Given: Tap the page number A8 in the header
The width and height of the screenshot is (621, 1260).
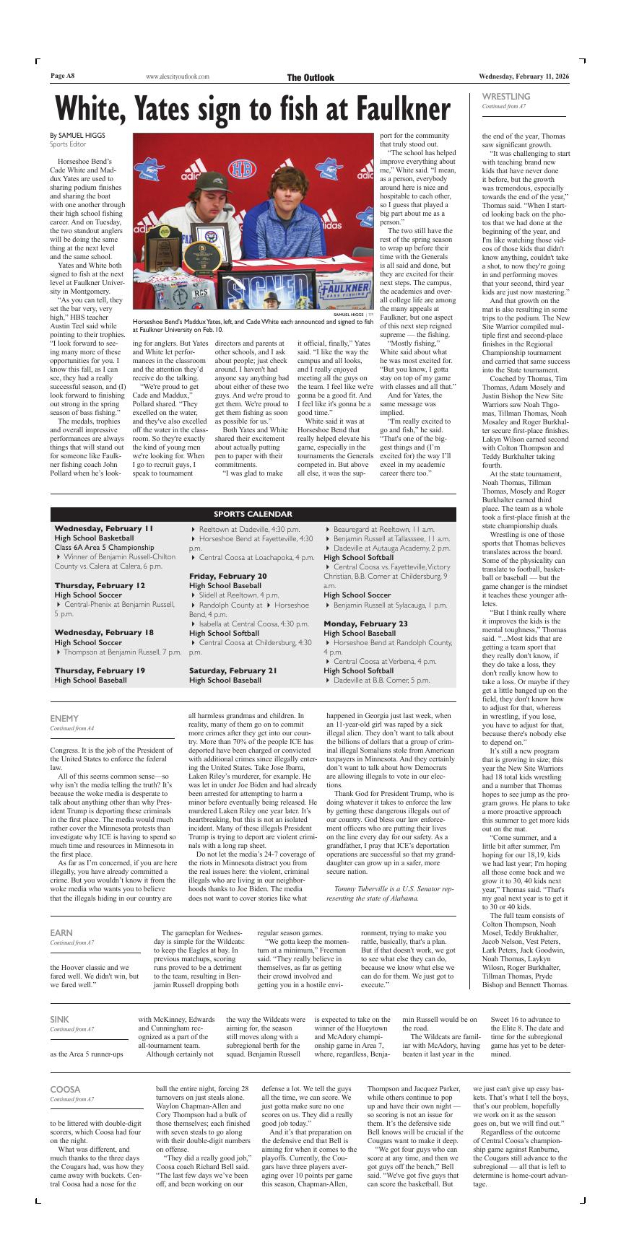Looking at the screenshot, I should pyautogui.click(x=63, y=76).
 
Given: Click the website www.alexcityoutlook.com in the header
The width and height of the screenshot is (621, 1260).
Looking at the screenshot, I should pyautogui.click(x=178, y=76).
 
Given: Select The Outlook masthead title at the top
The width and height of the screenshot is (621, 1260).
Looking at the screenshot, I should pyautogui.click(x=310, y=77).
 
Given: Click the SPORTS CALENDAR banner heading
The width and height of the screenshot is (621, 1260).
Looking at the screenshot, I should pyautogui.click(x=253, y=514).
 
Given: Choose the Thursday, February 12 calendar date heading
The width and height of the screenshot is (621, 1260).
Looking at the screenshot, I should pyautogui.click(x=100, y=585).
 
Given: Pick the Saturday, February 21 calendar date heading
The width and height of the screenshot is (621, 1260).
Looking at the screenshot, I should pyautogui.click(x=233, y=670).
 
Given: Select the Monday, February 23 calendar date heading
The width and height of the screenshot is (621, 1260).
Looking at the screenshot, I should pyautogui.click(x=365, y=623).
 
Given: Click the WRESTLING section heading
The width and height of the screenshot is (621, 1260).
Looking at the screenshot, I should pyautogui.click(x=505, y=96).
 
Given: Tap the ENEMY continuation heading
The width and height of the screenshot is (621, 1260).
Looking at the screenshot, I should pyautogui.click(x=64, y=718).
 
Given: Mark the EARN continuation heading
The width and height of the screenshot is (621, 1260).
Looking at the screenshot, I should pyautogui.click(x=61, y=933).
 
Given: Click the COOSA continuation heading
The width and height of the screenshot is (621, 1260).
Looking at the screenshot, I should pyautogui.click(x=65, y=1089).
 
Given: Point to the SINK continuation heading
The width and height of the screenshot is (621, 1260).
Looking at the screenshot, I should pyautogui.click(x=60, y=1019).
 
